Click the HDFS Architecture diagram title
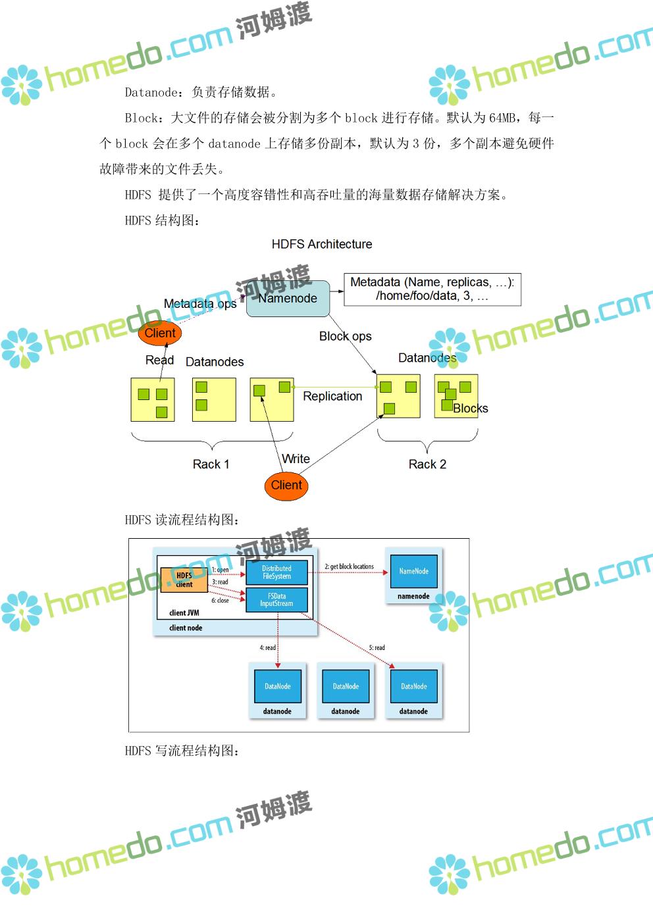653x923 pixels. tap(321, 244)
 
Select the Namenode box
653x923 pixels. tap(288, 299)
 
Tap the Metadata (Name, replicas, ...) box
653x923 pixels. tap(432, 289)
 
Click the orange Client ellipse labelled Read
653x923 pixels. tap(160, 333)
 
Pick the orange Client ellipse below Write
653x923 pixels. tap(286, 486)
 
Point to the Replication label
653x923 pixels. tap(332, 396)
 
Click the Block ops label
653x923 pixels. tap(345, 336)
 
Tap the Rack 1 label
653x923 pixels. tap(211, 464)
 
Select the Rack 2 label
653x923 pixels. tap(427, 464)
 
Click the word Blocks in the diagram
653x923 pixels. tap(471, 409)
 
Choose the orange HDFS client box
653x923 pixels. tap(184, 580)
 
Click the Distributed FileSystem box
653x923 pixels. tap(276, 572)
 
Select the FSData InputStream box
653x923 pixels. tap(276, 600)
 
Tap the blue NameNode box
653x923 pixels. tap(413, 571)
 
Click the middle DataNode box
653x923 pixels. tap(346, 686)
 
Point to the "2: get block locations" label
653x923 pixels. tap(349, 566)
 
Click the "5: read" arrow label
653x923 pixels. tap(377, 648)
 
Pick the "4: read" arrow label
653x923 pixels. tap(267, 648)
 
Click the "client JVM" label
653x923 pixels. tap(184, 613)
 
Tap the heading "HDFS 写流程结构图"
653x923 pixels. tap(182, 751)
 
